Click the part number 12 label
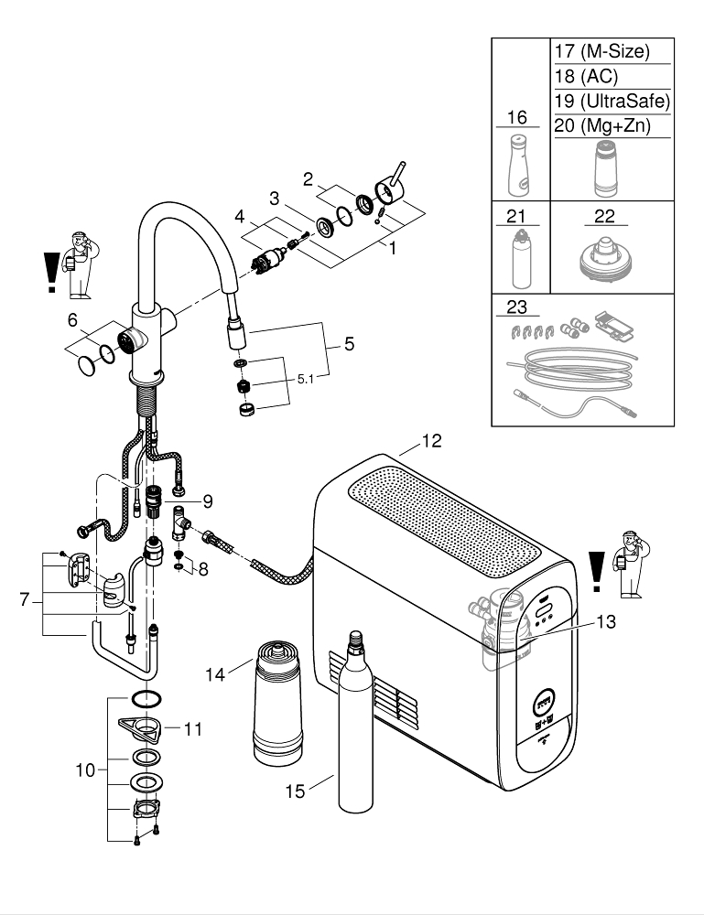[431, 442]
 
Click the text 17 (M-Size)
[601, 52]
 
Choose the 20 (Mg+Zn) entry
[601, 126]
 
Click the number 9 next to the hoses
[208, 501]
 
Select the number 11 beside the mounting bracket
[192, 729]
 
